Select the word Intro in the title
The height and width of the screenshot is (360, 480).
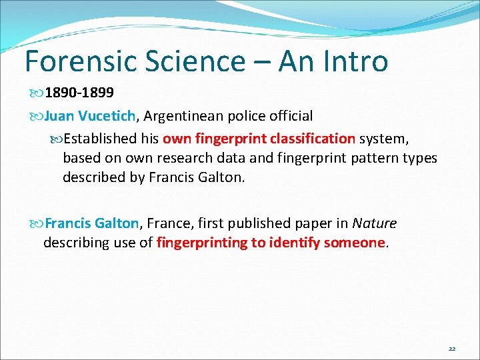[353, 61]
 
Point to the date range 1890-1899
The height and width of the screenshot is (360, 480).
[79, 91]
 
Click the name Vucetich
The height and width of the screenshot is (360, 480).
[107, 116]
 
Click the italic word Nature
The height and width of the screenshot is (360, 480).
[374, 223]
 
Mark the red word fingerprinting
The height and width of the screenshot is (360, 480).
[201, 243]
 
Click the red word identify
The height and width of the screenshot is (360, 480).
[294, 243]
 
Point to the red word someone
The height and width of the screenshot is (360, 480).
[354, 243]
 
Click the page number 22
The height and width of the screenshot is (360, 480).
[452, 349]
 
